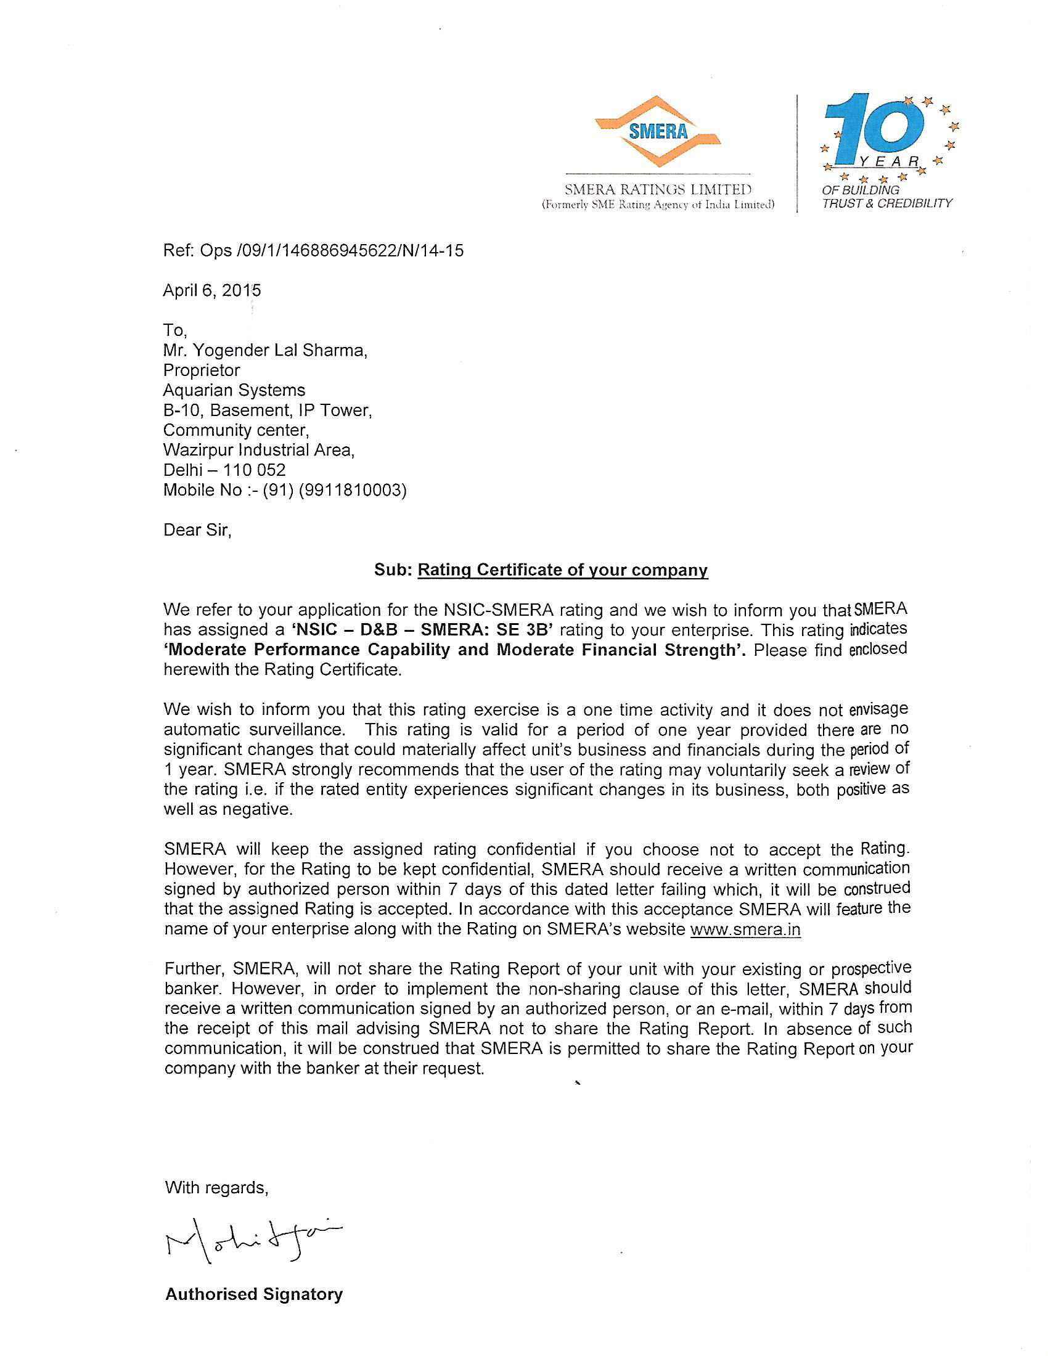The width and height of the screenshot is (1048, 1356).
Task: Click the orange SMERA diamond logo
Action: pyautogui.click(x=658, y=132)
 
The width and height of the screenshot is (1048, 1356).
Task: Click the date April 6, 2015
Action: pyautogui.click(x=211, y=290)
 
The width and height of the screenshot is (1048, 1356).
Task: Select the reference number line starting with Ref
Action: pyautogui.click(x=313, y=250)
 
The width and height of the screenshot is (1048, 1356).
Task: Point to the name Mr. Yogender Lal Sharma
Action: pyautogui.click(x=265, y=350)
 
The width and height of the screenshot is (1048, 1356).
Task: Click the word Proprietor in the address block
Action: pyautogui.click(x=201, y=370)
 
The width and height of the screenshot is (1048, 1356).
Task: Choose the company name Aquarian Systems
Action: pyautogui.click(x=234, y=390)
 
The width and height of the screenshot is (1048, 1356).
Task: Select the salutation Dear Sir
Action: pyautogui.click(x=197, y=529)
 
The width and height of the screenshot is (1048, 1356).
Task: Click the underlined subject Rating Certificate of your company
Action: pyautogui.click(x=562, y=570)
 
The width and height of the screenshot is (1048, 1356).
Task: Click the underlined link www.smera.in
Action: pyautogui.click(x=745, y=929)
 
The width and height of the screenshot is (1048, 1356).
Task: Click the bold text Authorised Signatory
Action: pyautogui.click(x=254, y=1294)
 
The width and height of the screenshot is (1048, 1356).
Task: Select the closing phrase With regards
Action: pyautogui.click(x=216, y=1188)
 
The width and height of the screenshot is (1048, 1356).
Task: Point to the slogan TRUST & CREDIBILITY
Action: pyautogui.click(x=886, y=203)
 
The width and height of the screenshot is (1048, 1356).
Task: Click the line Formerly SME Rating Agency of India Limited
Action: pyautogui.click(x=658, y=204)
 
